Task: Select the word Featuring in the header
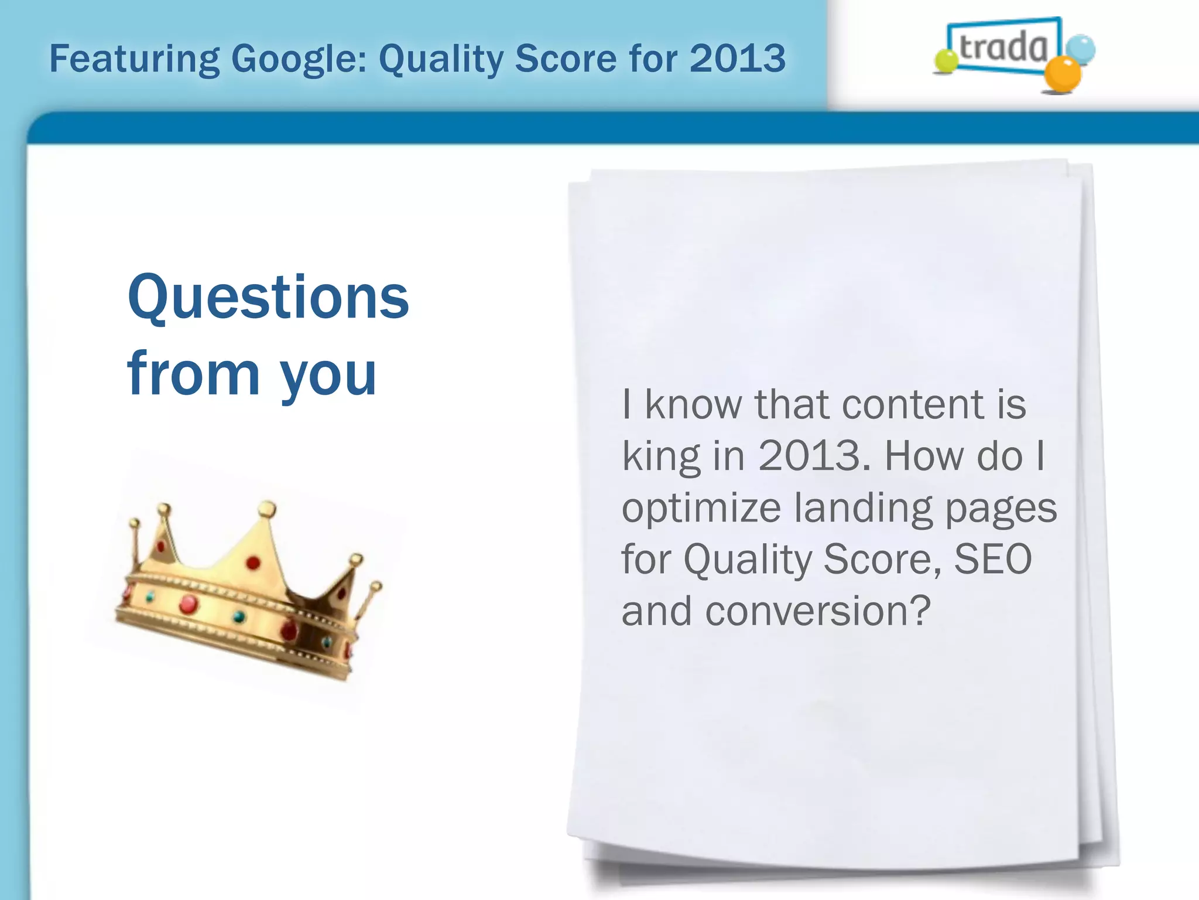(135, 60)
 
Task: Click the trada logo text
(1003, 47)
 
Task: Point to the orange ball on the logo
(1063, 74)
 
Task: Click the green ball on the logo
(945, 62)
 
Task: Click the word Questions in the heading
(268, 298)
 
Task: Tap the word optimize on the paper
(701, 508)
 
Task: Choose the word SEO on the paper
(993, 559)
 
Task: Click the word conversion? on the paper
(818, 611)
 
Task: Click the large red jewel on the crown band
(189, 604)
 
